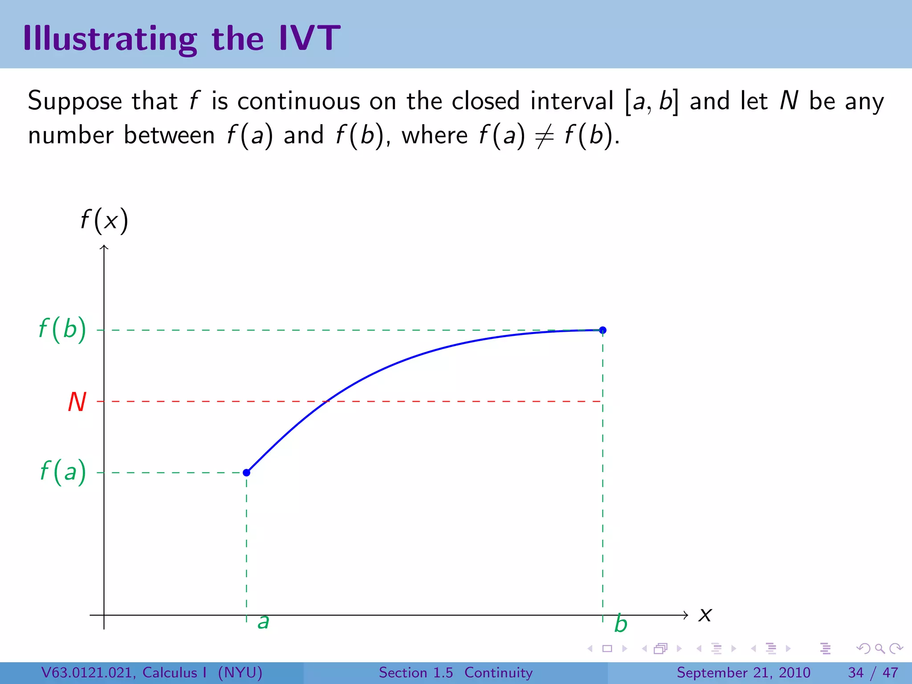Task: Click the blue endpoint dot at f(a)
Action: [246, 472]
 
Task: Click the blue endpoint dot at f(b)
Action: [603, 330]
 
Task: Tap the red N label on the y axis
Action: [77, 402]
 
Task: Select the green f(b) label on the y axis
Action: [62, 330]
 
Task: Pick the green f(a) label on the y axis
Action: [63, 472]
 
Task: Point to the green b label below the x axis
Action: [620, 624]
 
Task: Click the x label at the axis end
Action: [705, 615]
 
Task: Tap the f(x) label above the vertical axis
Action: [104, 220]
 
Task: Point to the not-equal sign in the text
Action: [544, 135]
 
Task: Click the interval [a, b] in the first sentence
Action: [652, 102]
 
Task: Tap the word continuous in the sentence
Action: [298, 102]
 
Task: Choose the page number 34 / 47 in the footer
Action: [873, 672]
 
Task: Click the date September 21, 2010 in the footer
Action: [743, 672]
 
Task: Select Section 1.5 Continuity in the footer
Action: [456, 672]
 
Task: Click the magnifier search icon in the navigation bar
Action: [879, 648]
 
